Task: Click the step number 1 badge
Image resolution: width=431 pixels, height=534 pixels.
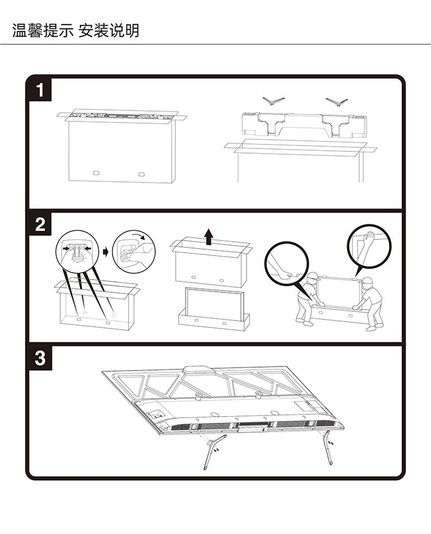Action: click(x=40, y=90)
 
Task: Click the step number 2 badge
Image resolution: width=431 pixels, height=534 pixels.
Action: click(x=40, y=224)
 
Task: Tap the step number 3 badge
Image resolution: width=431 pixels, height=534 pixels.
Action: click(x=40, y=358)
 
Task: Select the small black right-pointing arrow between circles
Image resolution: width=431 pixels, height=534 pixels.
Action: click(x=105, y=251)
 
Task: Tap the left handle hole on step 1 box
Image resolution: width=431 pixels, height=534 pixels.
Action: click(x=95, y=172)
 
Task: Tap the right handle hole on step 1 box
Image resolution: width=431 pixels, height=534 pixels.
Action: click(x=141, y=172)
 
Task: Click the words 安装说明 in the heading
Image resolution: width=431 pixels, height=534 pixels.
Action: click(x=109, y=30)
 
